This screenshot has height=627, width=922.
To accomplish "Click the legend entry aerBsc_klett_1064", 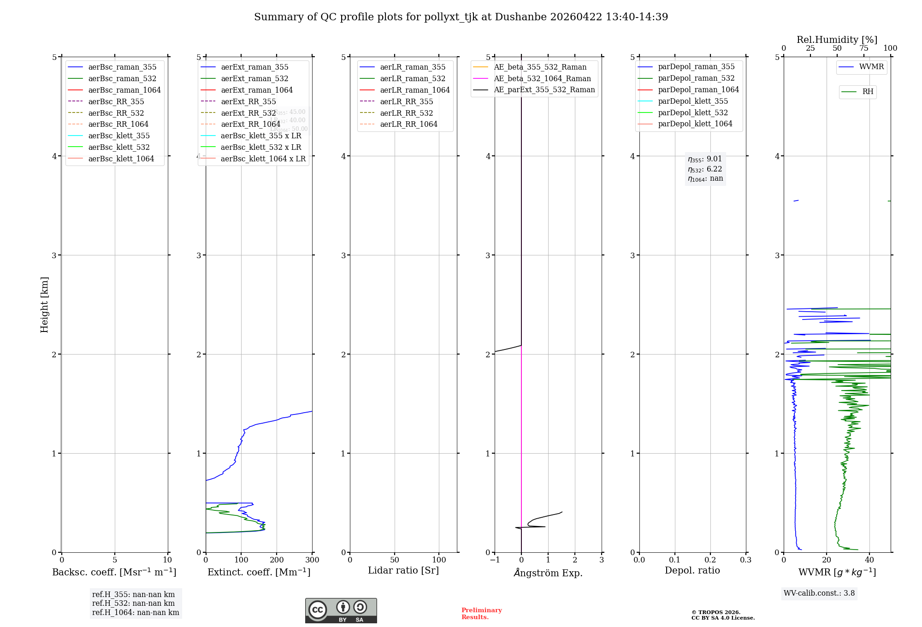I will [121, 159].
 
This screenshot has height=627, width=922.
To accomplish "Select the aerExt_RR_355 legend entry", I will [248, 101].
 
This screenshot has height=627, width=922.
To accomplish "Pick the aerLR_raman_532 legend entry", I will [413, 78].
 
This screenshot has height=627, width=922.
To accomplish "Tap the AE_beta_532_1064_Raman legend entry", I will [542, 78].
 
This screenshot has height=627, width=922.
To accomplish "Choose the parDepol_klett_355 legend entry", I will [693, 101].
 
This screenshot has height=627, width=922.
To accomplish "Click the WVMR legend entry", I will [871, 67].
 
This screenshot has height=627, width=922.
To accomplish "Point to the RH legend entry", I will [868, 92].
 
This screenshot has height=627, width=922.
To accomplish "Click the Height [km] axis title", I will [44, 304].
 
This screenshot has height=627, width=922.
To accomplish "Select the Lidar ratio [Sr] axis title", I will [403, 570].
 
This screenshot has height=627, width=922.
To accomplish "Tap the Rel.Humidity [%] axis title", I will [837, 40].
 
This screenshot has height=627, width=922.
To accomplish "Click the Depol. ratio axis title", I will [692, 570].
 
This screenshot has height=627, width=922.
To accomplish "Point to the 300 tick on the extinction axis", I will [312, 560].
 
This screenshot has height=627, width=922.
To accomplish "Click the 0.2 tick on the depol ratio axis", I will [710, 560].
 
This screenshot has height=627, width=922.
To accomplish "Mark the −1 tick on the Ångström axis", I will [495, 560].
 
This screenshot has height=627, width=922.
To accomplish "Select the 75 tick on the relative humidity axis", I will [863, 48].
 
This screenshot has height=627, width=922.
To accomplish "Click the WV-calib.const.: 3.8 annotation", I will [819, 593].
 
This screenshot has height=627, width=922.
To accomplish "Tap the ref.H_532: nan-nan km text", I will [133, 603].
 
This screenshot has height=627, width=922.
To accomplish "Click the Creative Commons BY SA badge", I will [341, 610].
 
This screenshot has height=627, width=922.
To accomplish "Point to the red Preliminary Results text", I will [481, 614].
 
